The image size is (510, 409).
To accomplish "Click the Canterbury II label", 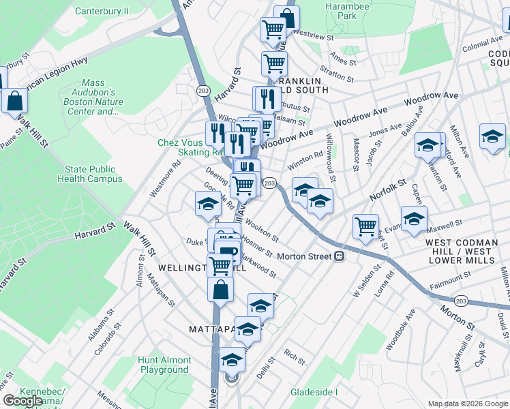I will (x=102, y=11).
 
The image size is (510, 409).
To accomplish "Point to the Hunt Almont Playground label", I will (x=164, y=365).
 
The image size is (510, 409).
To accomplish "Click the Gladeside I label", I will (x=314, y=392).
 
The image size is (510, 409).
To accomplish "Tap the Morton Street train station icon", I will (x=339, y=256).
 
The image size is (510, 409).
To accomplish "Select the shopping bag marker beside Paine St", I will (x=14, y=101).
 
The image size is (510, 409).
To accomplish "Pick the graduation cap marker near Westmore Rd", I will (x=208, y=204).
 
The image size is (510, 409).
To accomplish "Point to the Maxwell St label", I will (x=446, y=224).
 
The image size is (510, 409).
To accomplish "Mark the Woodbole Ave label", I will (x=400, y=329).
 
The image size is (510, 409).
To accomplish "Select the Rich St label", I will (x=295, y=355).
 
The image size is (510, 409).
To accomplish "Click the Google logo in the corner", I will (x=22, y=401).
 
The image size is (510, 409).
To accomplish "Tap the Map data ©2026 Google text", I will (x=468, y=404).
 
